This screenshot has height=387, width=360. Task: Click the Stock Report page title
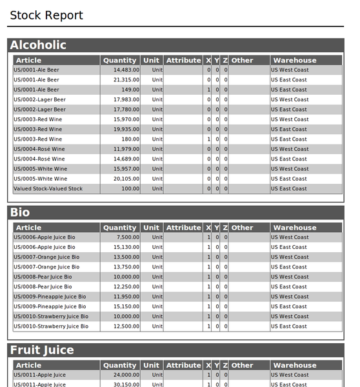tap(46, 15)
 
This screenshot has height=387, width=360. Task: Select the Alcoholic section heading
tap(38, 45)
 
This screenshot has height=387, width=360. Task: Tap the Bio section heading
tap(20, 212)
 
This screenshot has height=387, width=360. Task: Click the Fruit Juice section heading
tap(42, 350)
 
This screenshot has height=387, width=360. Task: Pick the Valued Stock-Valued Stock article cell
tap(48, 189)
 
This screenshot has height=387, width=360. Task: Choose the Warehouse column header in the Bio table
tap(295, 228)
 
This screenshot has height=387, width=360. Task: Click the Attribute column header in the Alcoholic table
tap(183, 61)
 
